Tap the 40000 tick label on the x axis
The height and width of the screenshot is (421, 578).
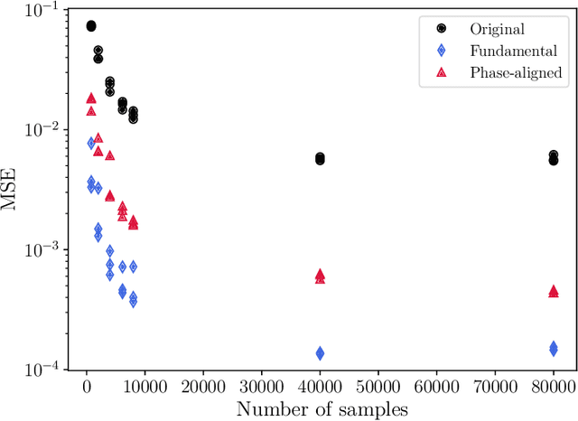click(320, 388)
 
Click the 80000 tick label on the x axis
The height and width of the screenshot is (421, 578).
click(554, 388)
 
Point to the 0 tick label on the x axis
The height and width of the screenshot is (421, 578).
click(87, 388)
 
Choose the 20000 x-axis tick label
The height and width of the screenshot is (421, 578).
click(203, 388)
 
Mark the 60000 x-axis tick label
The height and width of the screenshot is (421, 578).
click(437, 388)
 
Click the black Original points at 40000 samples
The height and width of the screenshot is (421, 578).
click(320, 159)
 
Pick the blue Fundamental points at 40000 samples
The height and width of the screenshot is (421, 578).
click(320, 353)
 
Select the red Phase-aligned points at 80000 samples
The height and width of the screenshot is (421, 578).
click(554, 291)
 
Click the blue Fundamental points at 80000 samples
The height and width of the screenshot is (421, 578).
click(554, 348)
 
